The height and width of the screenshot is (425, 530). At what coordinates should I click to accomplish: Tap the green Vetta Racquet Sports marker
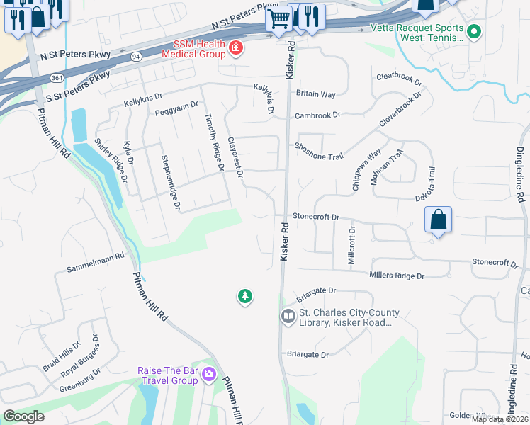click(475, 32)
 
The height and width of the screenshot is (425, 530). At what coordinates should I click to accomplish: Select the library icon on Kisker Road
click(288, 317)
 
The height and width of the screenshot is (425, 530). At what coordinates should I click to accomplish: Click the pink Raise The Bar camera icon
click(208, 374)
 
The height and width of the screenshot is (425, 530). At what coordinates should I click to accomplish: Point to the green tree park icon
click(245, 296)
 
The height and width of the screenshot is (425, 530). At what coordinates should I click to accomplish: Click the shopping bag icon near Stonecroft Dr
click(439, 220)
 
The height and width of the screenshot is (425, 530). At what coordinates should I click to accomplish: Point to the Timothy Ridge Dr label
click(213, 142)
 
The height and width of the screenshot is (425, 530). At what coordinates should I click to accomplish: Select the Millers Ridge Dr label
click(396, 275)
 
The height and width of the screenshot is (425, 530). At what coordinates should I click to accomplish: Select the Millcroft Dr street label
click(351, 246)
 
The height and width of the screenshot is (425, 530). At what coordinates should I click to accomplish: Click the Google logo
click(24, 416)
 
